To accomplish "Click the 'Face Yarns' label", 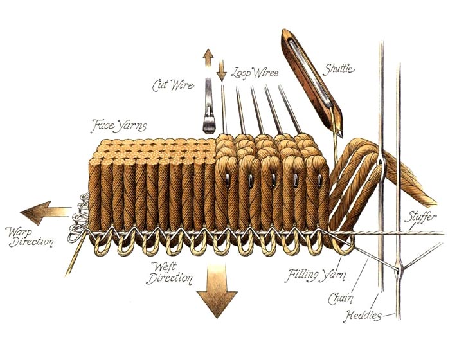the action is coord(118,126).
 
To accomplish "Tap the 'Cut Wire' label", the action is coord(173,85).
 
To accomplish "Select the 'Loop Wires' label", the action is coord(255,73).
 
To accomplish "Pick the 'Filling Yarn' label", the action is coord(315,275).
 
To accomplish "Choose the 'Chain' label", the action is coord(341,298).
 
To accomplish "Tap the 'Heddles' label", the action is coord(363,315).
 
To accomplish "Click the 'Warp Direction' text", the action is coord(30,237).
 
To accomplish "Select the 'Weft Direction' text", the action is coord(168,273).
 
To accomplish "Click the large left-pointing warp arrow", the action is coord(46,212).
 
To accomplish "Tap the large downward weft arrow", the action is coord(217,291).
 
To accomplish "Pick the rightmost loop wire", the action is coord(290,110).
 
